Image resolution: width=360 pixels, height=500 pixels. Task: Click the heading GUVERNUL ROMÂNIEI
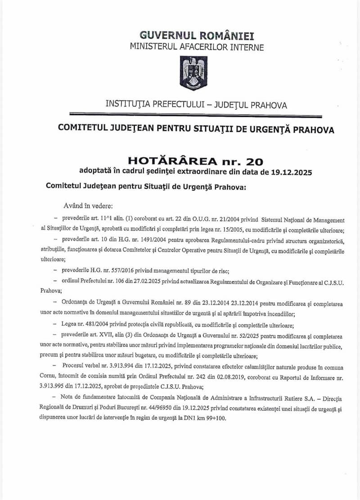tap(196, 35)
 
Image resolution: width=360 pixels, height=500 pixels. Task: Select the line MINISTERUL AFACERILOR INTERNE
tap(197, 46)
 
